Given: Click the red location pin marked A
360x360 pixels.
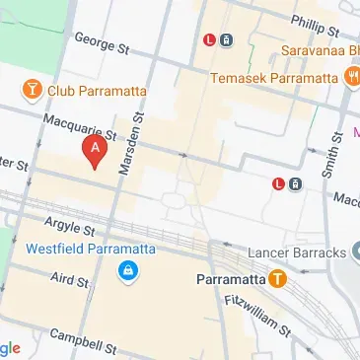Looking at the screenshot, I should pyautogui.click(x=95, y=149).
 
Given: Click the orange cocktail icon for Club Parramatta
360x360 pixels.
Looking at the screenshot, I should pyautogui.click(x=33, y=91).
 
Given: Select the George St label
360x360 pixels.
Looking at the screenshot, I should pyautogui.click(x=103, y=46).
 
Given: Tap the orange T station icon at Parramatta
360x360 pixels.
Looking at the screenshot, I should pyautogui.click(x=279, y=279).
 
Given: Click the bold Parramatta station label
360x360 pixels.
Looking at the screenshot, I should pyautogui.click(x=232, y=279).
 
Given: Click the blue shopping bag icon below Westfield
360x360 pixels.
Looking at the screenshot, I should pyautogui.click(x=127, y=270).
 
